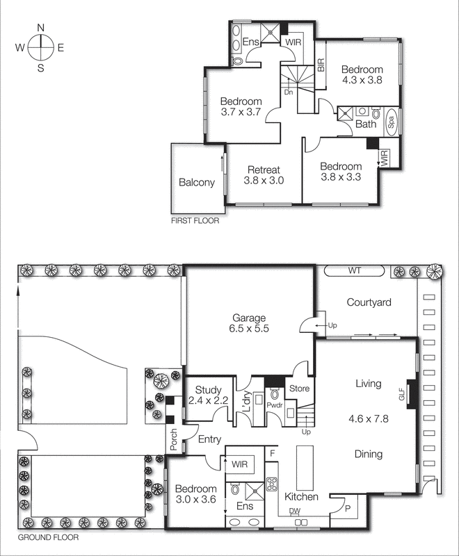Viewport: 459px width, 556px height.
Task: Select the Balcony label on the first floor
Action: (x=197, y=183)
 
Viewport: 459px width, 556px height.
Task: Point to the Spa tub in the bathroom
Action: (x=391, y=124)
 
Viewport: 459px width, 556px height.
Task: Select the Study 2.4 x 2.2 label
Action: (x=207, y=395)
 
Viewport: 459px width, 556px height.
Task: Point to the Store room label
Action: (x=299, y=389)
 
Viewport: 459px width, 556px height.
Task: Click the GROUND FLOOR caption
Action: (x=48, y=537)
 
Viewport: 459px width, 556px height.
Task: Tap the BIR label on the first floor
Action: (x=321, y=66)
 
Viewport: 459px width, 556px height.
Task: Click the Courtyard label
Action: (x=370, y=302)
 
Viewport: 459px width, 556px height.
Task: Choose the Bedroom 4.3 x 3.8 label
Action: (x=362, y=74)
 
